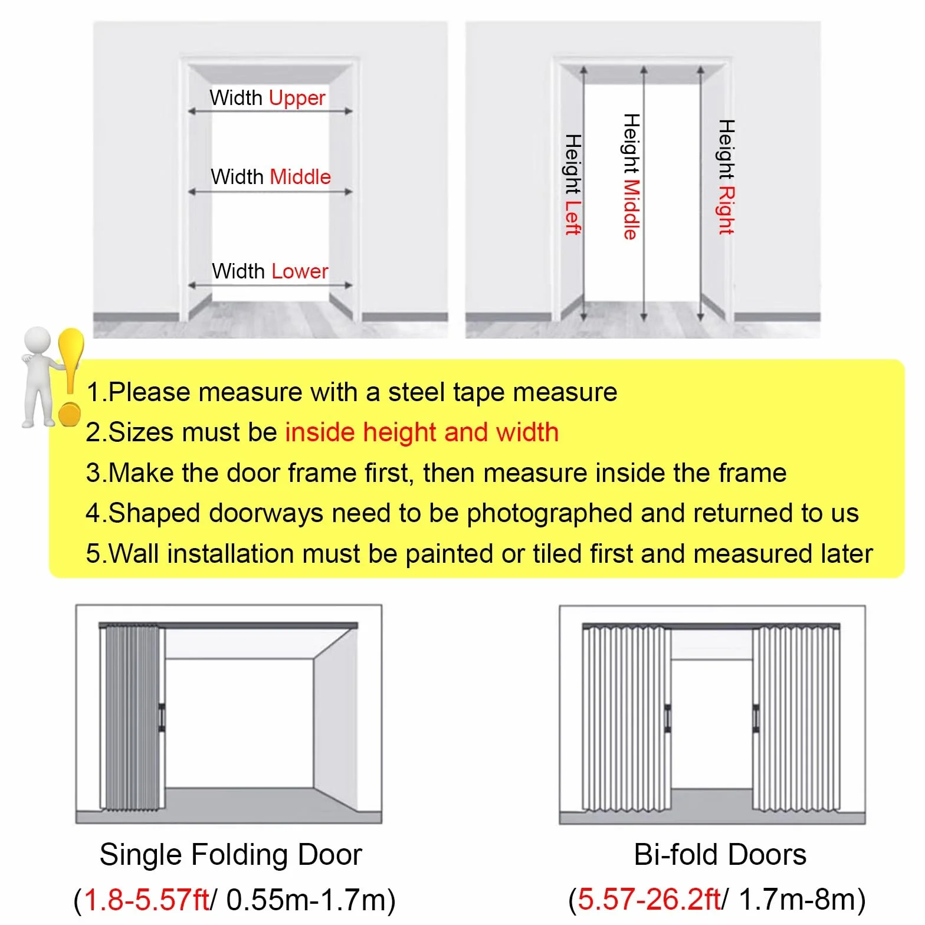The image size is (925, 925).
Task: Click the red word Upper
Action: [297, 98]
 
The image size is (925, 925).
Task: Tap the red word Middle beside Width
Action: [300, 177]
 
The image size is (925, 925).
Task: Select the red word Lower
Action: [300, 271]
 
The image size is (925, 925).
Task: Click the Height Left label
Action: [573, 185]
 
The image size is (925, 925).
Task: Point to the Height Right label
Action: [726, 177]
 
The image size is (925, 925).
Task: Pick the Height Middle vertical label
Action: [631, 176]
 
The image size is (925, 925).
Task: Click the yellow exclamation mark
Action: [70, 376]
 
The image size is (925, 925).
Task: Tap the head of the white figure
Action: [37, 340]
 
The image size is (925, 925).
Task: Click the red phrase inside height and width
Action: [422, 432]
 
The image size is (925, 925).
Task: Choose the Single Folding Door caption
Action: [231, 854]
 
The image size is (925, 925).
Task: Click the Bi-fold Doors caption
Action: [720, 854]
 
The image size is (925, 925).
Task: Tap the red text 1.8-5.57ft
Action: [147, 900]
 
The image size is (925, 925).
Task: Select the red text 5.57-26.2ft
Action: [649, 900]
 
